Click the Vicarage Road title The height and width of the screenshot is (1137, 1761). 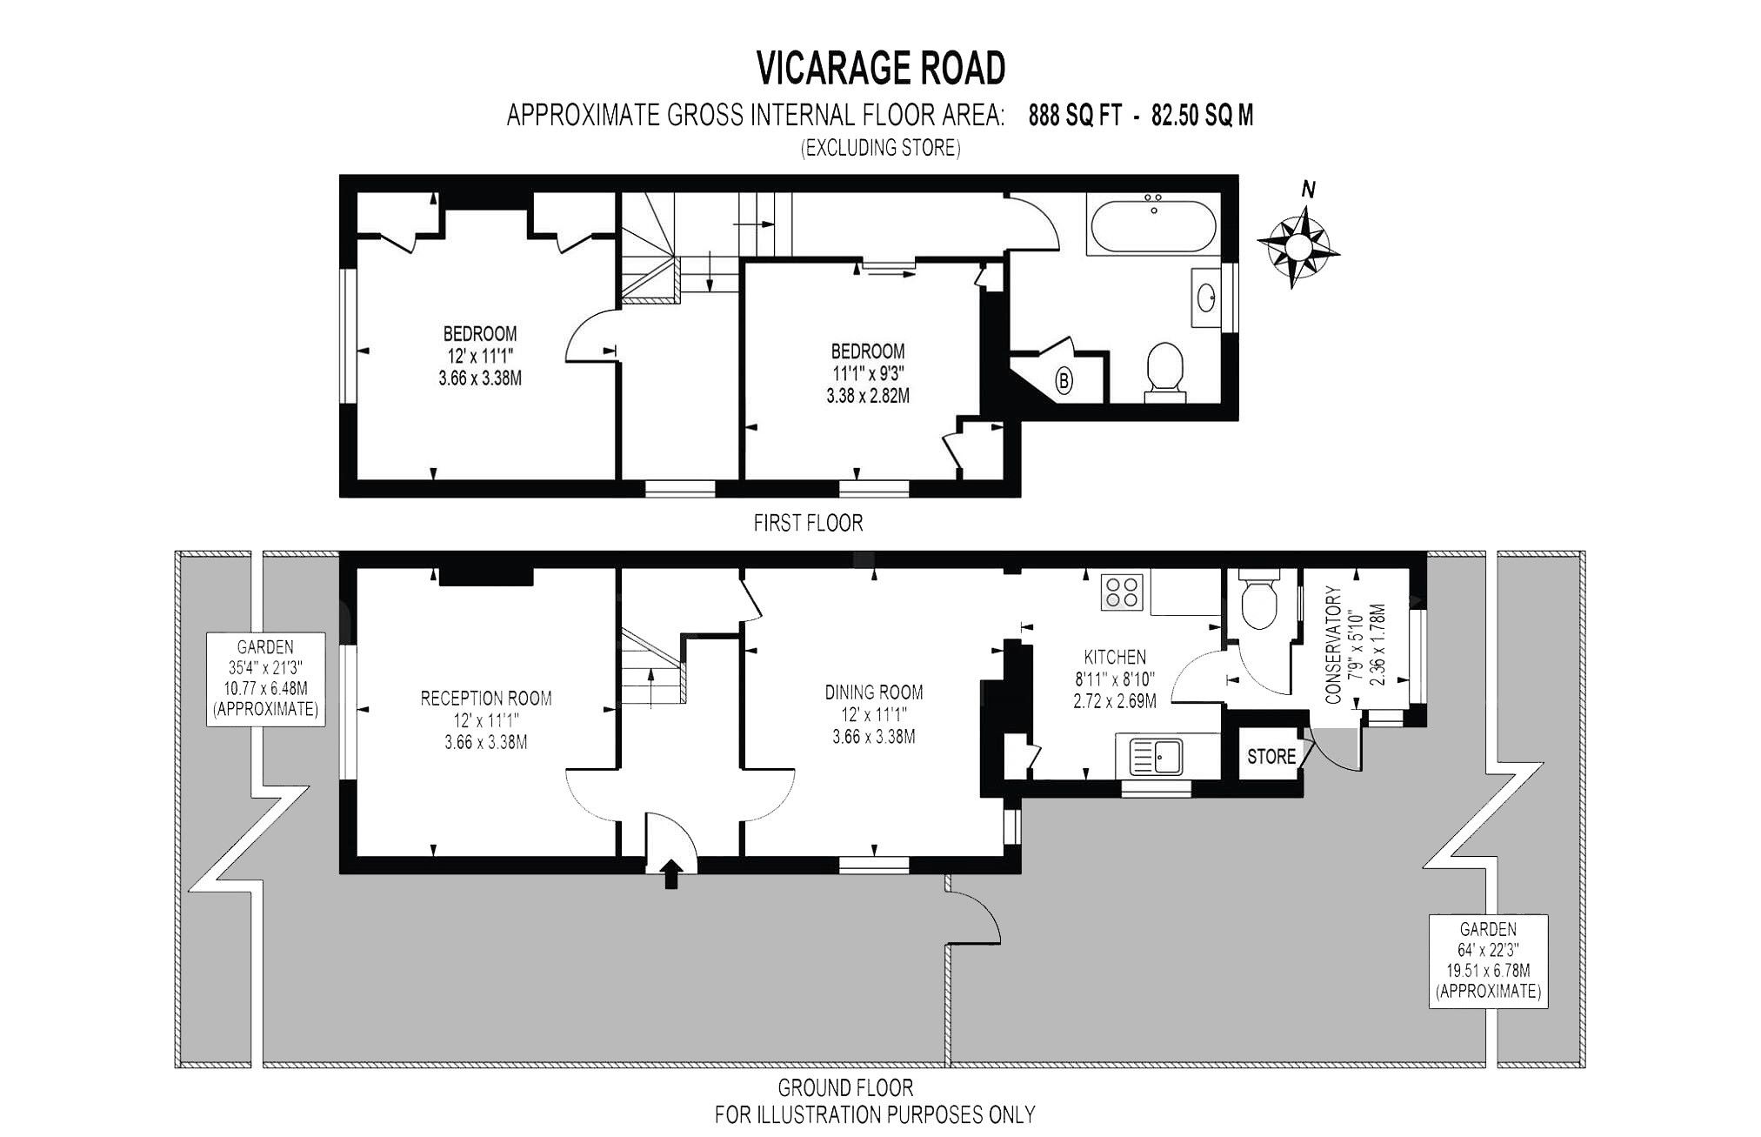[880, 69]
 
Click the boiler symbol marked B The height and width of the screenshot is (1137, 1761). [1064, 380]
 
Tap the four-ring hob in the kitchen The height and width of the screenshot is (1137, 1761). [1121, 592]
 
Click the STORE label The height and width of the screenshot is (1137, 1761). [1271, 756]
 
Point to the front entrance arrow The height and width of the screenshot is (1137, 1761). [671, 873]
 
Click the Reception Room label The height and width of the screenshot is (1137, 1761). [485, 698]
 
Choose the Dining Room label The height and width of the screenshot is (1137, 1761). [873, 692]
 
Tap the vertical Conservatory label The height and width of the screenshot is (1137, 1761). [1333, 644]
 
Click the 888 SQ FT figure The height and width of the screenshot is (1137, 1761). [1075, 116]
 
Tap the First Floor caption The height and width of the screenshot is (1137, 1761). [808, 523]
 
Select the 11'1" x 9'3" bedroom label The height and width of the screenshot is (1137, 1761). [867, 374]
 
